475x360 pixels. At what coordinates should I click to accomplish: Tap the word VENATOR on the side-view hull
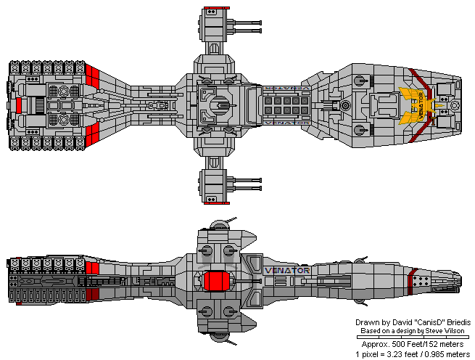[288, 271]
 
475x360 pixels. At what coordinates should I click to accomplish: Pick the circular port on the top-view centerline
[345, 105]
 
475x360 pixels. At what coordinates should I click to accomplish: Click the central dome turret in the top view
[217, 103]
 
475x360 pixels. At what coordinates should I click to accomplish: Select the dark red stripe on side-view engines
[91, 294]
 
